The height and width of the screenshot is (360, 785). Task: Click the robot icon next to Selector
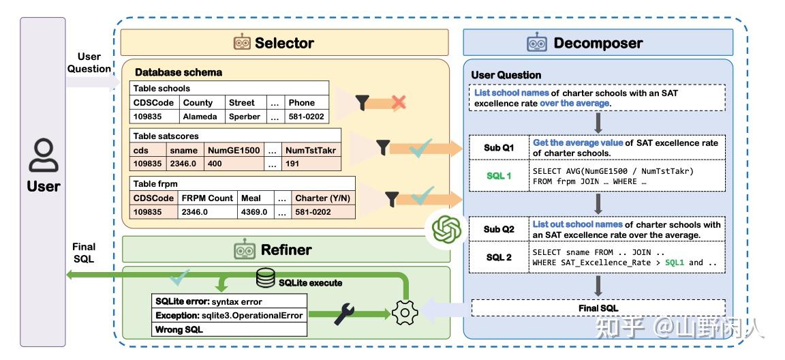(x=242, y=43)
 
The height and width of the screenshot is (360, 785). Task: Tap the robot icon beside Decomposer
(x=537, y=43)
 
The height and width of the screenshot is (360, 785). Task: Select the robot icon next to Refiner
(x=245, y=250)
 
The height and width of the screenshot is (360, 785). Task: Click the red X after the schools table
(x=399, y=103)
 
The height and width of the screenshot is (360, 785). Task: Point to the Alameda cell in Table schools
(x=200, y=117)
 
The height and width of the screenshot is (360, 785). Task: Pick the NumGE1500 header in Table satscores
(x=234, y=150)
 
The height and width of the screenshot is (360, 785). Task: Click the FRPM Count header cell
(x=207, y=198)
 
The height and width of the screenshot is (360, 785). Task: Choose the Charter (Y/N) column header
(x=322, y=198)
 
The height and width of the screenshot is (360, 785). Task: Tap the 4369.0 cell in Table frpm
(x=255, y=212)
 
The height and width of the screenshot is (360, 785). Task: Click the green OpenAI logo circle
(x=447, y=229)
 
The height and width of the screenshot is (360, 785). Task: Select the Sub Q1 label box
(x=499, y=148)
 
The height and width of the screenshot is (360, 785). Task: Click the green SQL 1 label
(x=499, y=176)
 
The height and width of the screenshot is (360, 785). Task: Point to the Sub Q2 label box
(x=499, y=229)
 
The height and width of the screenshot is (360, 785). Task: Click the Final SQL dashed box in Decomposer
(x=598, y=307)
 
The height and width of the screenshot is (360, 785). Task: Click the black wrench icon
(x=344, y=315)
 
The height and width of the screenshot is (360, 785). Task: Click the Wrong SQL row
(x=179, y=329)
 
